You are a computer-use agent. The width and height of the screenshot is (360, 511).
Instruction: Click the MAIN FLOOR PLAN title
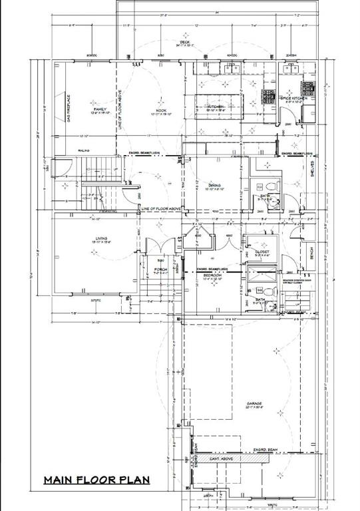pyautogui.click(x=96, y=479)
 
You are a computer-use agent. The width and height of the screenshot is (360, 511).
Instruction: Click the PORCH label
pyautogui.click(x=160, y=269)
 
